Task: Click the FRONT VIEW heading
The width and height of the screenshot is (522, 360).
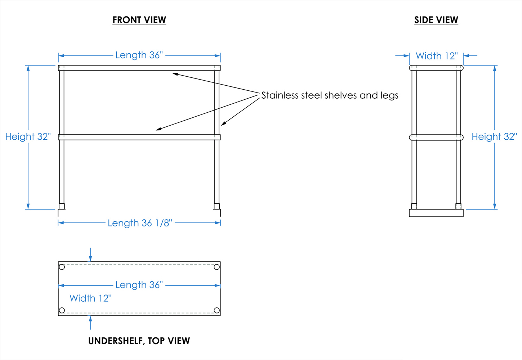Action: coord(139,20)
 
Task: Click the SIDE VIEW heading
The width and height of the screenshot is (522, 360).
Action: coord(436,20)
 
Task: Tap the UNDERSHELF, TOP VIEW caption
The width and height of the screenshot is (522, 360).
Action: coord(139,341)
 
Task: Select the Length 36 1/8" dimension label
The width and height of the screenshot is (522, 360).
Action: coord(140,223)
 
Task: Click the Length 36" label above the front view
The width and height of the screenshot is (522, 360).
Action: coord(139,55)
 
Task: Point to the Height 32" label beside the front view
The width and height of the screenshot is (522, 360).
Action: coord(28,137)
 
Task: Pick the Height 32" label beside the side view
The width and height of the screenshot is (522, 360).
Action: coord(494,137)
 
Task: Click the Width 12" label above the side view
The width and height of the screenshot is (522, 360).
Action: coord(437,56)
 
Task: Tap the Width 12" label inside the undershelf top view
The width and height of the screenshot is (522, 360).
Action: coord(90,298)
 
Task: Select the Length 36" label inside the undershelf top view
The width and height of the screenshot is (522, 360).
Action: coord(139,285)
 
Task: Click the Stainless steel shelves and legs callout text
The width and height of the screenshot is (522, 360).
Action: coord(330,95)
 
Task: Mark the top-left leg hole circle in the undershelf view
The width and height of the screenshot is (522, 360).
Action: coord(62,267)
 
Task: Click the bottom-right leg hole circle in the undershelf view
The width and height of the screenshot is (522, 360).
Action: coord(217,310)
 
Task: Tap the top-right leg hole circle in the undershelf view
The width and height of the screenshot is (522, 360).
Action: coord(217,267)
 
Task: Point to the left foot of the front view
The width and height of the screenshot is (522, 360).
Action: coord(62,206)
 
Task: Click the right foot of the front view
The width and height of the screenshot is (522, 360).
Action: coord(217,206)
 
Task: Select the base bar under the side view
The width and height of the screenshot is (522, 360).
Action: coord(436,213)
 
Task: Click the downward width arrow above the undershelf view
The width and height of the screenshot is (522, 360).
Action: coord(90,255)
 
